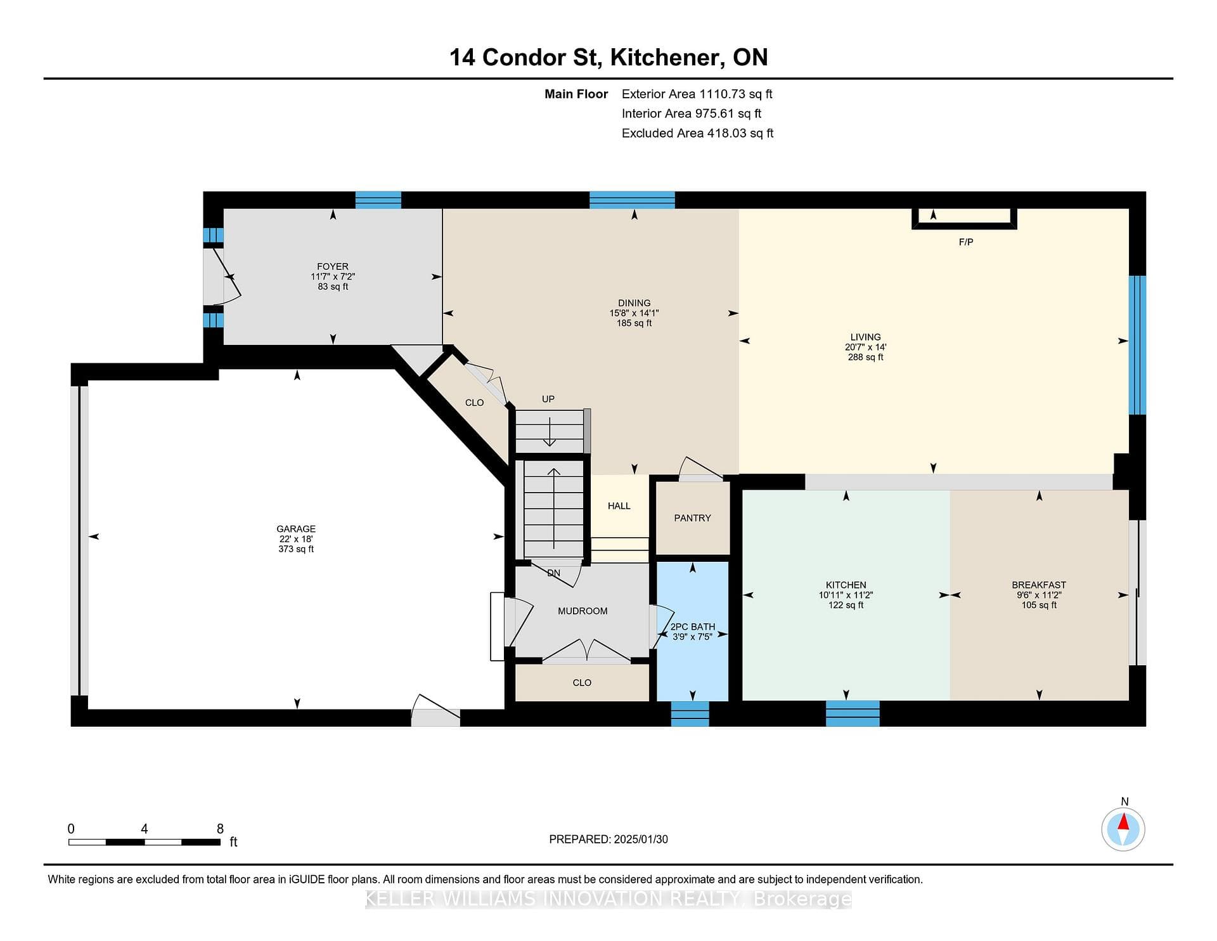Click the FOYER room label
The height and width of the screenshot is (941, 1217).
pyautogui.click(x=333, y=266)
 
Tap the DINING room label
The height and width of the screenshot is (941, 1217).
pyautogui.click(x=634, y=303)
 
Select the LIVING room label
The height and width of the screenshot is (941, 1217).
pyautogui.click(x=866, y=337)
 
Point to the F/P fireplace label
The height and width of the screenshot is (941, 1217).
pyautogui.click(x=966, y=242)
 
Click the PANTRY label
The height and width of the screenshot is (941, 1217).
pyautogui.click(x=692, y=518)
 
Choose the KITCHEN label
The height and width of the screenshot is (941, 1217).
pyautogui.click(x=846, y=585)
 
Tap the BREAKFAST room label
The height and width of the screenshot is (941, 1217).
pyautogui.click(x=1039, y=585)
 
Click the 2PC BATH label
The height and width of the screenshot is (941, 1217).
pyautogui.click(x=693, y=626)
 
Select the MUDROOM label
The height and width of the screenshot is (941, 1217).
pyautogui.click(x=583, y=611)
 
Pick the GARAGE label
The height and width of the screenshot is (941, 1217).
pyautogui.click(x=296, y=529)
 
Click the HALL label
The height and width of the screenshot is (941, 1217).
pyautogui.click(x=619, y=506)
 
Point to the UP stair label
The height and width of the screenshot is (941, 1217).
pyautogui.click(x=548, y=399)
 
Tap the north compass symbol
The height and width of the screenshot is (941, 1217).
pyautogui.click(x=1123, y=829)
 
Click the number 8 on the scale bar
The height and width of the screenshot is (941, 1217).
pyautogui.click(x=220, y=829)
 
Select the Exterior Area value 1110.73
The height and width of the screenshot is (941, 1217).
pyautogui.click(x=722, y=94)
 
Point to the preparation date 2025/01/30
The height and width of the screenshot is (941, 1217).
pyautogui.click(x=641, y=840)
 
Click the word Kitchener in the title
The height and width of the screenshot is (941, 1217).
pyautogui.click(x=665, y=58)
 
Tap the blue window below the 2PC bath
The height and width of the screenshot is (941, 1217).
pyautogui.click(x=690, y=714)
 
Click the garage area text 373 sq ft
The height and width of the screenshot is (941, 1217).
pyautogui.click(x=296, y=549)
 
